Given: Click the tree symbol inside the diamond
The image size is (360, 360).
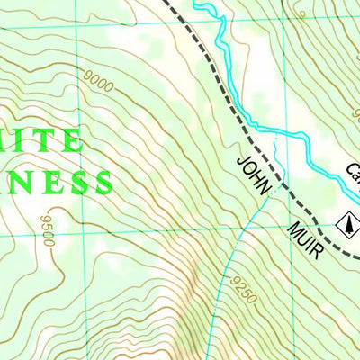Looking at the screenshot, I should tap(347, 221).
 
